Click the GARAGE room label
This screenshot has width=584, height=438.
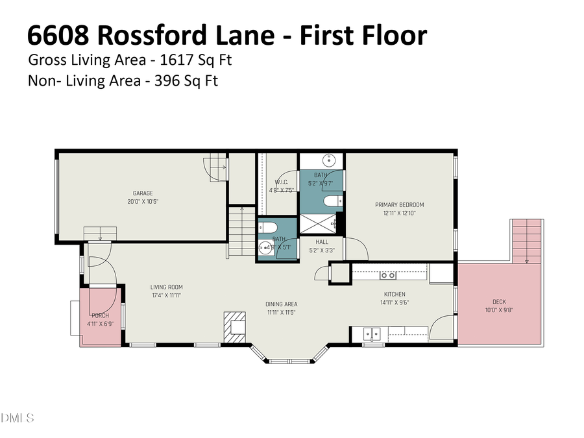[x=143, y=193]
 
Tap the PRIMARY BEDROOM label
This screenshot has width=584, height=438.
[x=399, y=205]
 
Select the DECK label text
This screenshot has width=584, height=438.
[x=499, y=302]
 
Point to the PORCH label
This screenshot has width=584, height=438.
[x=100, y=315]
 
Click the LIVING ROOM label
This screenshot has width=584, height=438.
[x=167, y=287]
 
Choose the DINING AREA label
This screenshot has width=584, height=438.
[x=282, y=304]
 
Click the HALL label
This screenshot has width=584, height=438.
[x=322, y=241]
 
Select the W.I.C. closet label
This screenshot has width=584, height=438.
[x=281, y=182]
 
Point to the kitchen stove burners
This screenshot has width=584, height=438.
[x=388, y=275]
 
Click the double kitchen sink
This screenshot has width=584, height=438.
[x=372, y=334]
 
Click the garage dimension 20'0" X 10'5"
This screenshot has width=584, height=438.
[x=143, y=202]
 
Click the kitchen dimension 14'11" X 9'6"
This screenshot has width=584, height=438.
[x=395, y=302]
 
